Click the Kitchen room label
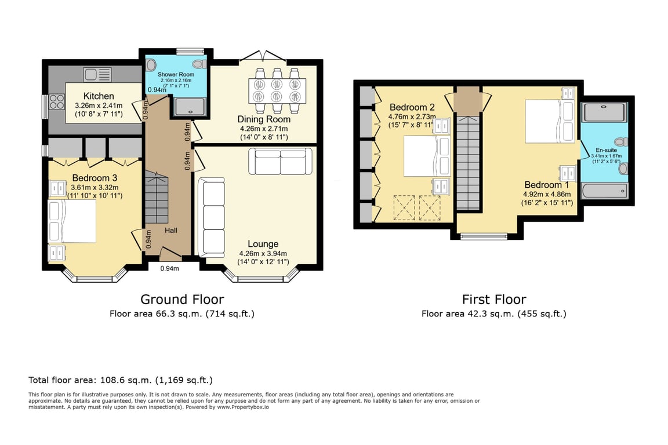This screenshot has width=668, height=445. tap(99, 96)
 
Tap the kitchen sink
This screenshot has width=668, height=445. tap(97, 75)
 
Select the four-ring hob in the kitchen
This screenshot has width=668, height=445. tap(57, 102)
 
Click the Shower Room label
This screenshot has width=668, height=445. tap(176, 75)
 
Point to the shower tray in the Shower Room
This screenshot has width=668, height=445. tap(190, 106)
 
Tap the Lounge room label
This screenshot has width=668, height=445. tap(263, 244)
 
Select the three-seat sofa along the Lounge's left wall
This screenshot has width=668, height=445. tap(211, 218)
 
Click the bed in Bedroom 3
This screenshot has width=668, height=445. tap(72, 221)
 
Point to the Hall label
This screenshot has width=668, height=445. tap(171, 231)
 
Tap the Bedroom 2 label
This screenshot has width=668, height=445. tap(412, 107)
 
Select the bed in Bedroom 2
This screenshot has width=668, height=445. tap(427, 156)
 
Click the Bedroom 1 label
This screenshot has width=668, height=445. tap(547, 185)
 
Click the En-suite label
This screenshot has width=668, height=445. tap(606, 150)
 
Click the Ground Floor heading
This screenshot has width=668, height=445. tap(182, 300)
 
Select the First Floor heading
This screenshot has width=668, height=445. tap(494, 300)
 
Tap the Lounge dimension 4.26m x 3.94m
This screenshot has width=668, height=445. tap(263, 253)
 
